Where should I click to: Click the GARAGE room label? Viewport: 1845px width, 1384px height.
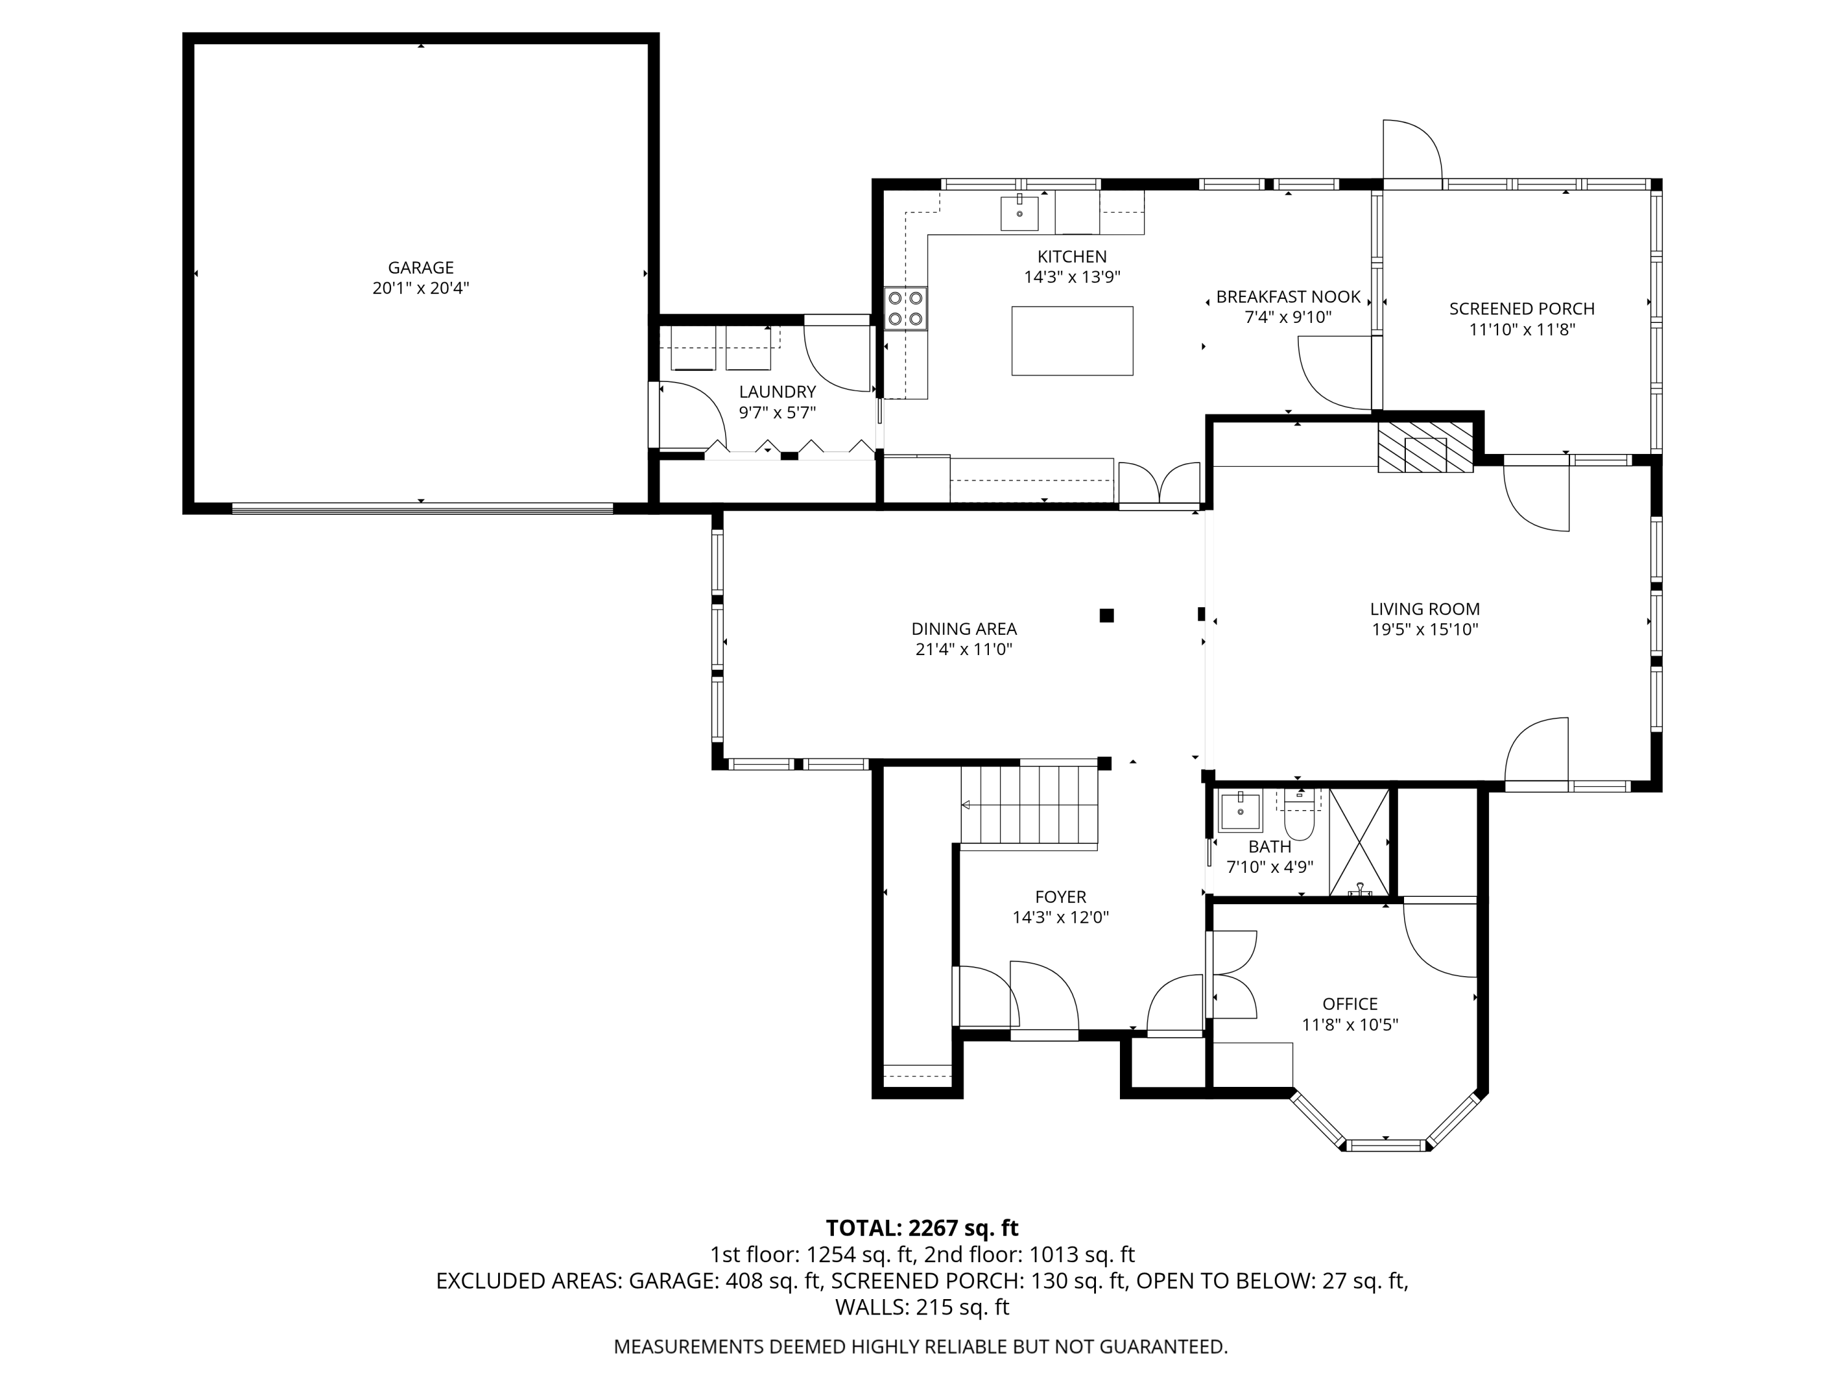pyautogui.click(x=421, y=268)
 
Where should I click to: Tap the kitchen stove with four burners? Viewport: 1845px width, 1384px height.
pyautogui.click(x=906, y=308)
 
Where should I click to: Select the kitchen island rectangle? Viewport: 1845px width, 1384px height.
pyautogui.click(x=1072, y=340)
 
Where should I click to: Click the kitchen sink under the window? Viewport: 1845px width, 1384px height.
pyautogui.click(x=1019, y=213)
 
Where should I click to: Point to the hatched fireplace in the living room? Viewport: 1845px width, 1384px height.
pyautogui.click(x=1424, y=447)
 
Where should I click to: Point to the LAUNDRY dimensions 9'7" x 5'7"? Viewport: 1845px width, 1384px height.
pyautogui.click(x=777, y=412)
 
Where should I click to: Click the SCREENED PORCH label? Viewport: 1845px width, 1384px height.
pyautogui.click(x=1522, y=309)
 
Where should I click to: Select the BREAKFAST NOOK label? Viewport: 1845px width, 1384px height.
pyautogui.click(x=1288, y=297)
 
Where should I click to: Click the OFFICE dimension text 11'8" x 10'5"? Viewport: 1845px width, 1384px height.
pyautogui.click(x=1349, y=1024)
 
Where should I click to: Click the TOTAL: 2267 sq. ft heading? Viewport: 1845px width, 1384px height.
pyautogui.click(x=922, y=1228)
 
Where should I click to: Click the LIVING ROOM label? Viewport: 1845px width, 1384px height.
pyautogui.click(x=1424, y=609)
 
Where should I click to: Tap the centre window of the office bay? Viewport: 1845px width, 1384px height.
pyautogui.click(x=1386, y=1145)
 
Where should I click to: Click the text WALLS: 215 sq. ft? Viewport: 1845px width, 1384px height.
pyautogui.click(x=922, y=1307)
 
